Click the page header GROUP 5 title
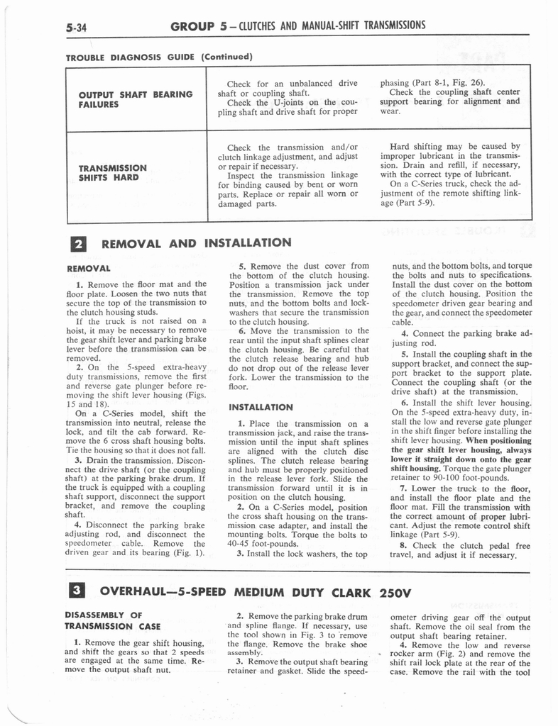point(298,26)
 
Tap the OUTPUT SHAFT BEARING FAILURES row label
point(136,99)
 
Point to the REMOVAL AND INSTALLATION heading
point(197,243)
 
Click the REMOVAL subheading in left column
point(87,269)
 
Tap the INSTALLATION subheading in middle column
point(261,407)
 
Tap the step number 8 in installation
point(403,545)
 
